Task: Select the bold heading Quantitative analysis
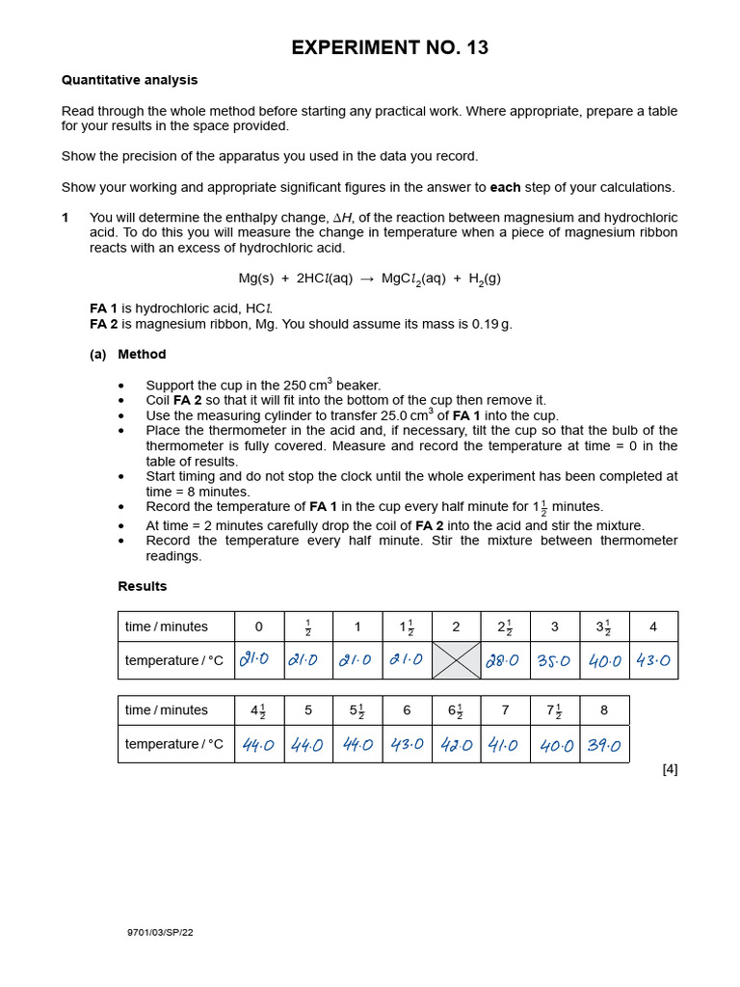[129, 80]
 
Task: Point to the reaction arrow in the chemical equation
[367, 279]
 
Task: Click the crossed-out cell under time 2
[457, 660]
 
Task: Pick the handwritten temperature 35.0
[554, 660]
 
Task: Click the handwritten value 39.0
[604, 745]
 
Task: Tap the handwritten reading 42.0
[457, 745]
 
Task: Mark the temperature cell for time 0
[258, 660]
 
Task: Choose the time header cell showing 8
[604, 710]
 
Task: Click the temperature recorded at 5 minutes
[308, 745]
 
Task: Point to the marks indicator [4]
[670, 769]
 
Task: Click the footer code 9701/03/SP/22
[160, 932]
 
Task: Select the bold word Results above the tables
[143, 586]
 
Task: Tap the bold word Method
[142, 355]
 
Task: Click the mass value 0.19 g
[491, 324]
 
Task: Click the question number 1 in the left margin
[66, 218]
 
